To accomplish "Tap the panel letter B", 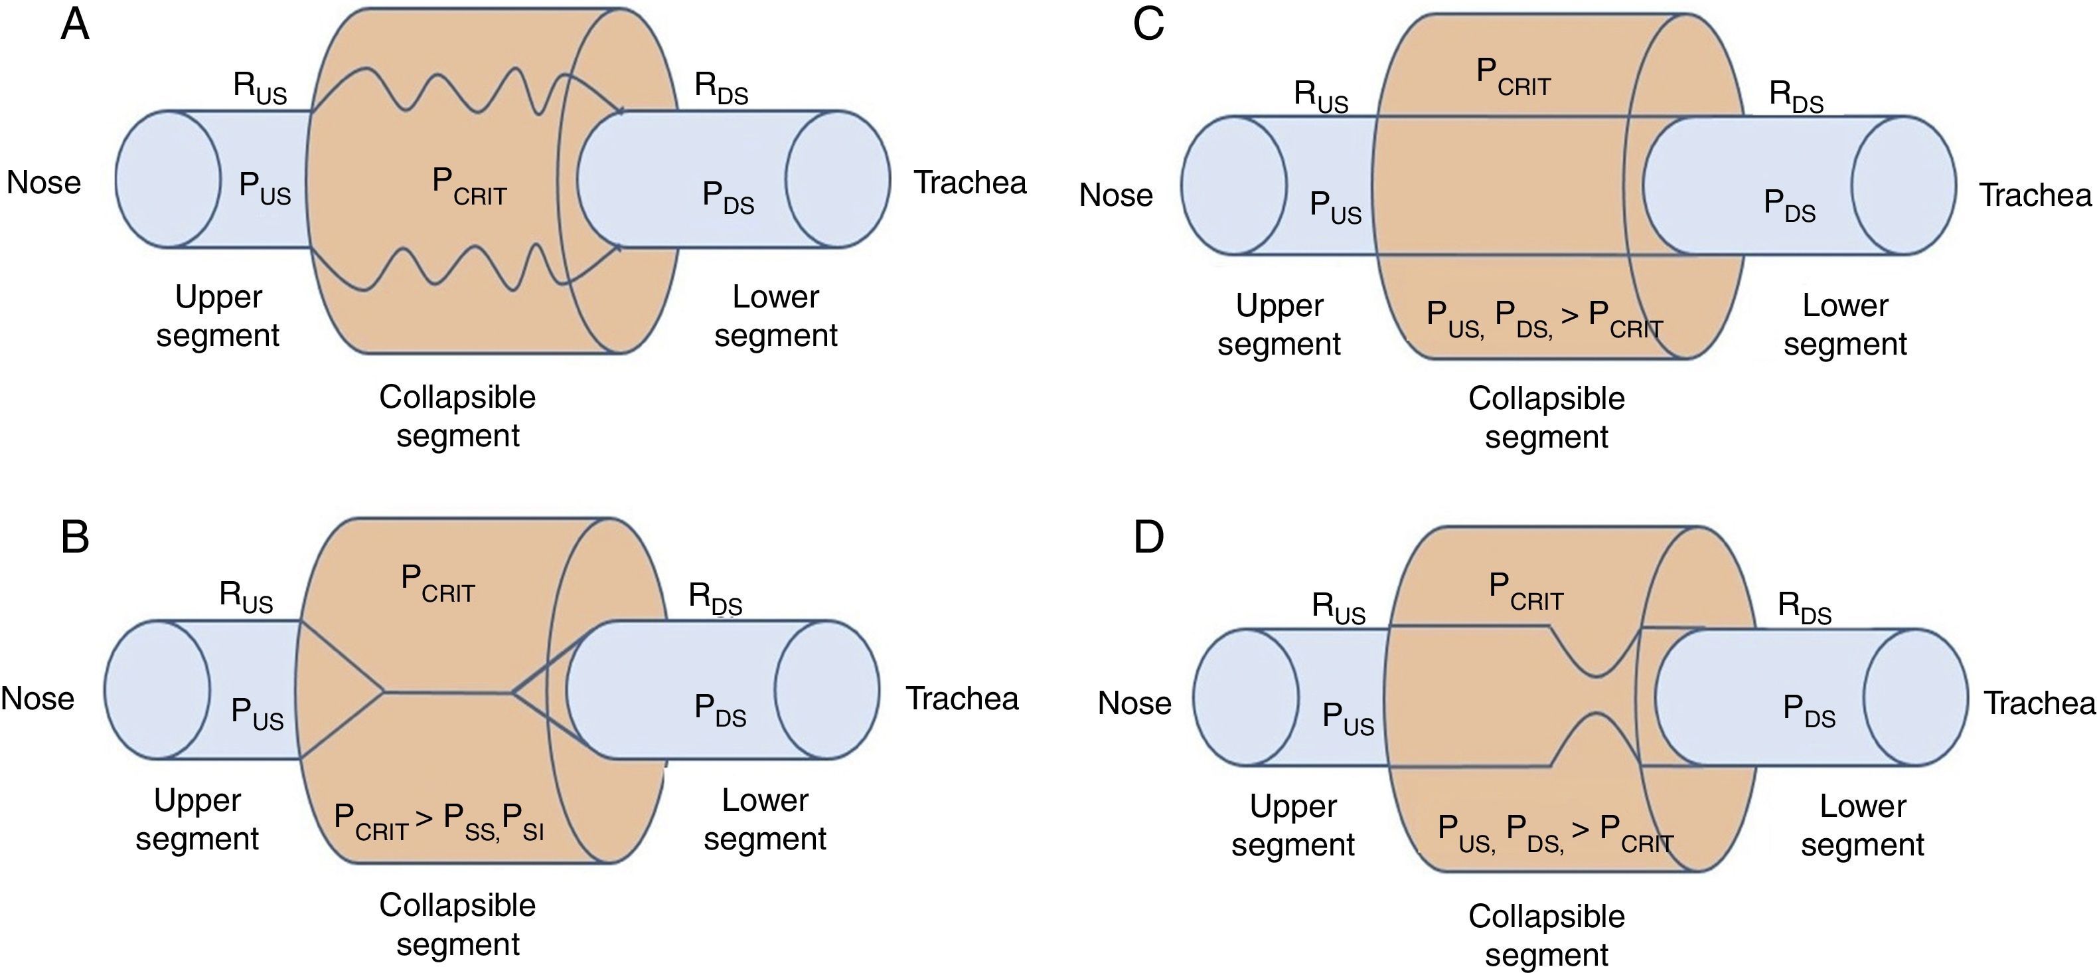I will pyautogui.click(x=75, y=537).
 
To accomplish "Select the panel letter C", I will pyautogui.click(x=1148, y=25).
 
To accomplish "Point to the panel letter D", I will pyautogui.click(x=1148, y=537).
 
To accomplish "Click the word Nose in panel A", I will pyautogui.click(x=44, y=183).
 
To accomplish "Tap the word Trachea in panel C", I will pyautogui.click(x=2035, y=195).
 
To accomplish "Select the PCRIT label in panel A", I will pyautogui.click(x=469, y=187).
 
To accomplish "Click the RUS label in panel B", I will pyautogui.click(x=246, y=597).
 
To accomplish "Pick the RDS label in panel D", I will pyautogui.click(x=1804, y=608).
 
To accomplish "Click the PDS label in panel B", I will pyautogui.click(x=720, y=710).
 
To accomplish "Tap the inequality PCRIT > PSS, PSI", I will pyautogui.click(x=439, y=820).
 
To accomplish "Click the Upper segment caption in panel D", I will pyautogui.click(x=1292, y=825).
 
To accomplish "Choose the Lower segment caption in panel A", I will pyautogui.click(x=776, y=316).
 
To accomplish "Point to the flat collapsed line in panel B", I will pyautogui.click(x=447, y=693).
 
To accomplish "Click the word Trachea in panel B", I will pyautogui.click(x=963, y=699).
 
